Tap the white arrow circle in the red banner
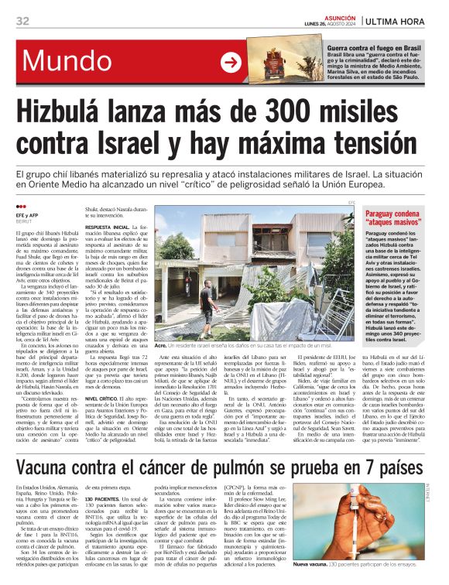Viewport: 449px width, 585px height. pos(231,63)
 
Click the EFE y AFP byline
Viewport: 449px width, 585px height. pos(28,215)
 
